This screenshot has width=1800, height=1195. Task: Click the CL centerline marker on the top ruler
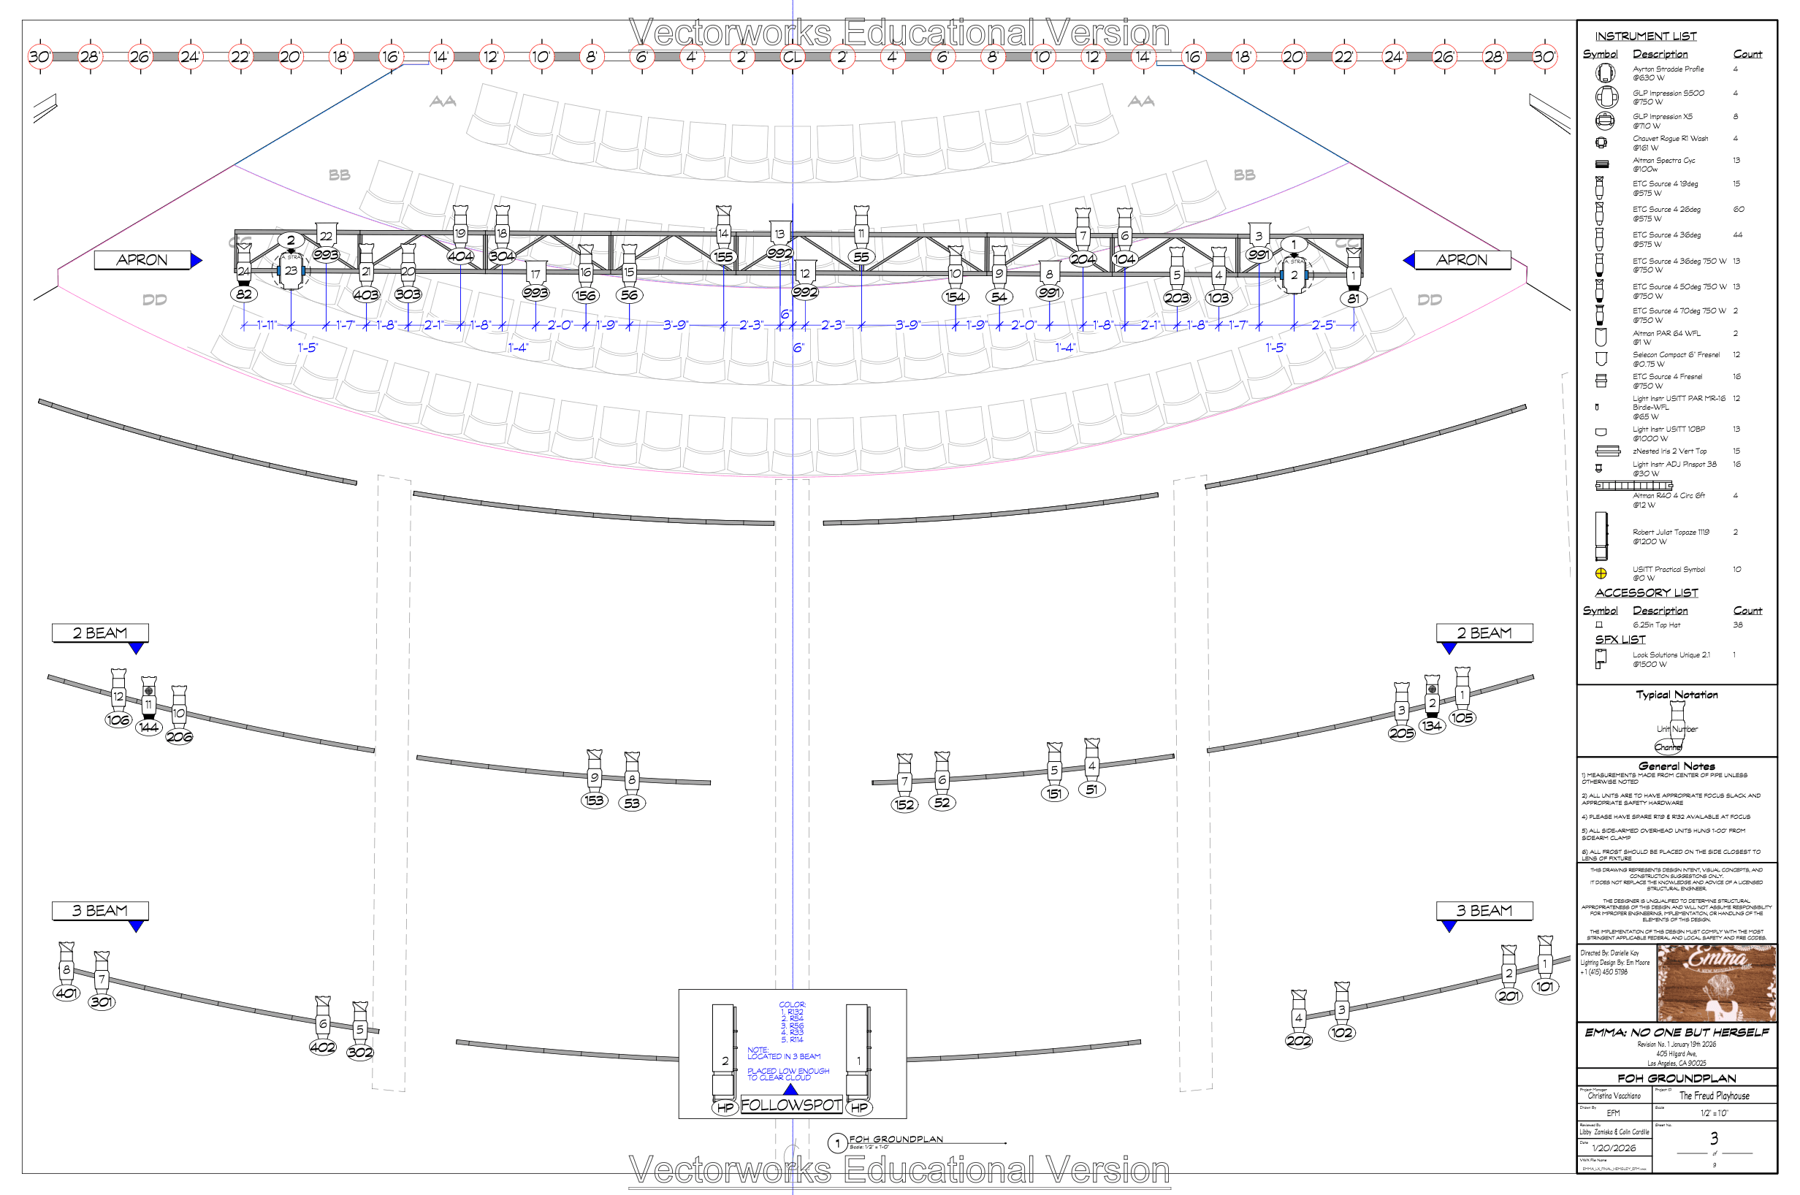pyautogui.click(x=792, y=56)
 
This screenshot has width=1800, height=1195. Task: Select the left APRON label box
pyautogui.click(x=142, y=260)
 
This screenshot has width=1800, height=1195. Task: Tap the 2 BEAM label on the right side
pyautogui.click(x=1483, y=633)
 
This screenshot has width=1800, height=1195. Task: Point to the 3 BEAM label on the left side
pyautogui.click(x=100, y=911)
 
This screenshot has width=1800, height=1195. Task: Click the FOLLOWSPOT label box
pyautogui.click(x=791, y=1105)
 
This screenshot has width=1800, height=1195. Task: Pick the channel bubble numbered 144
pyautogui.click(x=148, y=727)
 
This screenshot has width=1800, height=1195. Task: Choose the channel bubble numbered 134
pyautogui.click(x=1431, y=725)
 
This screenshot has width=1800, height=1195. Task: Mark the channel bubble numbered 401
pyautogui.click(x=66, y=993)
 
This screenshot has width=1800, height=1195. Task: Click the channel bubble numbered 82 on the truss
pyautogui.click(x=244, y=294)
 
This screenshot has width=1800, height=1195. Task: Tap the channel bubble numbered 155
pyautogui.click(x=723, y=257)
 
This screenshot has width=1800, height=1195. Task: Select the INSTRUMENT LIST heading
pyautogui.click(x=1645, y=36)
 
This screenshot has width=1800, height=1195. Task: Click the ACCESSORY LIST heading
pyautogui.click(x=1646, y=592)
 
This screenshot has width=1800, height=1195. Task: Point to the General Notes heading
pyautogui.click(x=1677, y=766)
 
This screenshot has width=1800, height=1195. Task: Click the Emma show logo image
pyautogui.click(x=1715, y=982)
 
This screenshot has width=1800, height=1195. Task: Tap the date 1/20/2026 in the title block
pyautogui.click(x=1613, y=1148)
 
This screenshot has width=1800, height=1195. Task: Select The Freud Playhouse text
pyautogui.click(x=1714, y=1095)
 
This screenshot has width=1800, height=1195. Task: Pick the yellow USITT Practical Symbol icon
pyautogui.click(x=1601, y=573)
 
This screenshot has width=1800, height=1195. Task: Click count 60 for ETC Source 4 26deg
pyautogui.click(x=1739, y=209)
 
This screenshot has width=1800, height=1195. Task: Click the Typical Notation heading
pyautogui.click(x=1677, y=695)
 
